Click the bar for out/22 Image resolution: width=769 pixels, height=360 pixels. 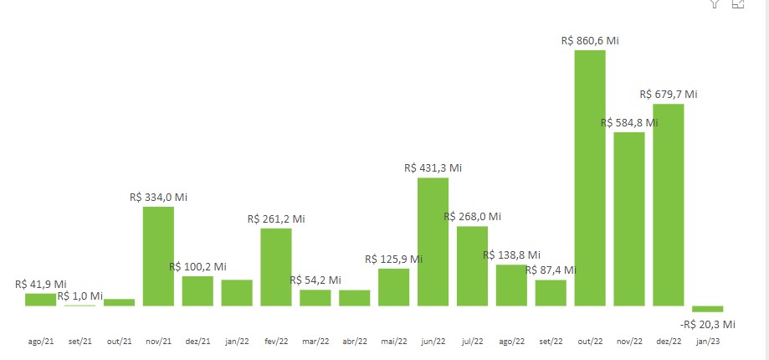point(590,177)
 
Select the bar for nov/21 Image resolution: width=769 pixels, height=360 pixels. point(158,255)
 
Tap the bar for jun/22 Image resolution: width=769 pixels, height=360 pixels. point(433,241)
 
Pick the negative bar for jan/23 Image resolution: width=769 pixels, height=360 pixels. point(708,309)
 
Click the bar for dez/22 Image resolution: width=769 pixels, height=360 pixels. point(669,204)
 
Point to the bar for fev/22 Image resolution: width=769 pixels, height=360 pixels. point(276,266)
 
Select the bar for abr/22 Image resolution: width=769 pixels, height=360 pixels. point(355,297)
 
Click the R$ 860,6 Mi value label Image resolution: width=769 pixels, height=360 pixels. point(590,40)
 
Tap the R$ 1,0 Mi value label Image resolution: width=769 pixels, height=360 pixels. point(80,296)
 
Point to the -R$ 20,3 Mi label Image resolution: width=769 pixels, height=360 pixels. point(708,324)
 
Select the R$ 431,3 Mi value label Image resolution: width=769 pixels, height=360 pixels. point(433,167)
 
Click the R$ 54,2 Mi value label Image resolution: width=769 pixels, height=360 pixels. point(315,280)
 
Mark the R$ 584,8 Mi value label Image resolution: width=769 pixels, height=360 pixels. point(629,122)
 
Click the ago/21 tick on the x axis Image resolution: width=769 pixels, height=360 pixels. point(40,342)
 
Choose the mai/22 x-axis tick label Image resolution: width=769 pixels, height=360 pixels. point(394,342)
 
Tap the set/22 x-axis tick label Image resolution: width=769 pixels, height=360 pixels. point(551,342)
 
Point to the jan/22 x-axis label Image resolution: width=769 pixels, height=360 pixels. point(237,342)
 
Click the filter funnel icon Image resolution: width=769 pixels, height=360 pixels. point(715,3)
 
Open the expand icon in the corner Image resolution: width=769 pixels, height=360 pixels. point(738,3)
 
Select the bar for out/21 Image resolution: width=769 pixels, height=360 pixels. point(119,302)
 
